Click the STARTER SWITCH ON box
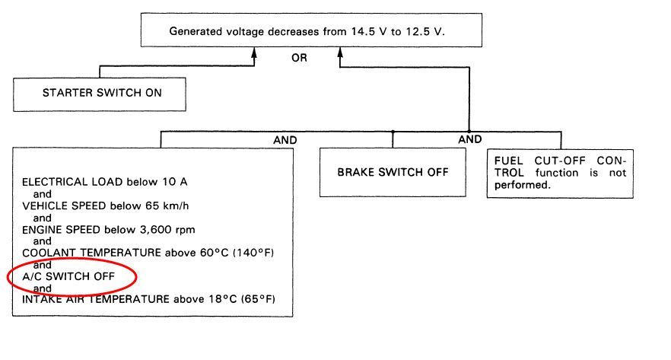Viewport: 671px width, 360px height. pos(102,94)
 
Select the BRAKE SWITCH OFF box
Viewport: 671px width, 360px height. pos(393,171)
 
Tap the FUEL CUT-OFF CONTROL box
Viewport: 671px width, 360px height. pos(560,173)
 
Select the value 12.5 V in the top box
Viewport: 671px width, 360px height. pos(437,31)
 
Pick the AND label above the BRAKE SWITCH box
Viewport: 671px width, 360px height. pos(285,140)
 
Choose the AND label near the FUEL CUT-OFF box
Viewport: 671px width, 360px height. pos(469,139)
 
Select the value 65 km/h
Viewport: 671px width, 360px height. pos(181,206)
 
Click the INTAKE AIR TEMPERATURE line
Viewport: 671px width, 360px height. pos(148,299)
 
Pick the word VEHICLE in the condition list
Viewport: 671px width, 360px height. pos(43,206)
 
